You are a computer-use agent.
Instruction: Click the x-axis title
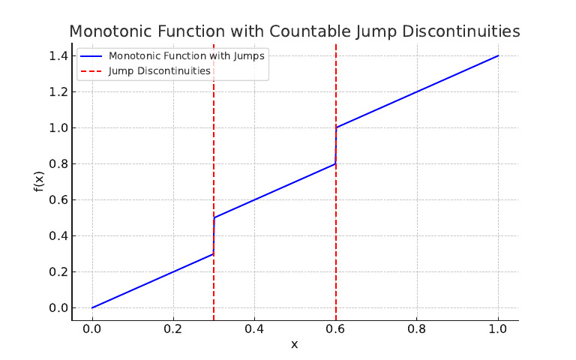(294, 344)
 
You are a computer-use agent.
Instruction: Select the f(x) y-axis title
(39, 181)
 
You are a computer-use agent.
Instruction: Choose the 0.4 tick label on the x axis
(254, 328)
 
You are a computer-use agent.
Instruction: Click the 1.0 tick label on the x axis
(498, 328)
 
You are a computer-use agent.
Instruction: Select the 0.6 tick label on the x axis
(335, 328)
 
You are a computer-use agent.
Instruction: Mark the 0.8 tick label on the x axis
(417, 328)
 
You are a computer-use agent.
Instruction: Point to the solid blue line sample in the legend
(91, 56)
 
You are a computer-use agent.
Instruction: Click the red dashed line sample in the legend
(91, 71)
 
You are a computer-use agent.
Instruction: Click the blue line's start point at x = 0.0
(92, 307)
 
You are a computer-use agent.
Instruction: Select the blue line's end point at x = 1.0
(498, 55)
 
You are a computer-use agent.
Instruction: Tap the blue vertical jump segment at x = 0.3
(214, 235)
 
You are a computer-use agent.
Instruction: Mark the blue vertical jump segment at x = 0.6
(336, 145)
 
